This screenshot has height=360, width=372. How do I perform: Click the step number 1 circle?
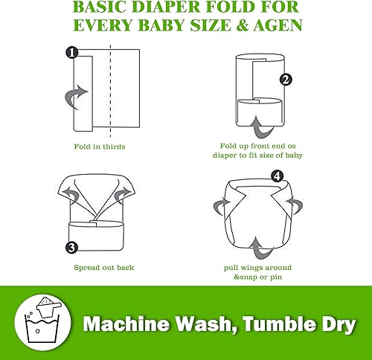[71, 53]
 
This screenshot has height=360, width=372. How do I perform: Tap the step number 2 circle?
[285, 79]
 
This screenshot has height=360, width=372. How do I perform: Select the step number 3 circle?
[71, 247]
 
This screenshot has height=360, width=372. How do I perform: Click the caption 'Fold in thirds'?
[99, 147]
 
